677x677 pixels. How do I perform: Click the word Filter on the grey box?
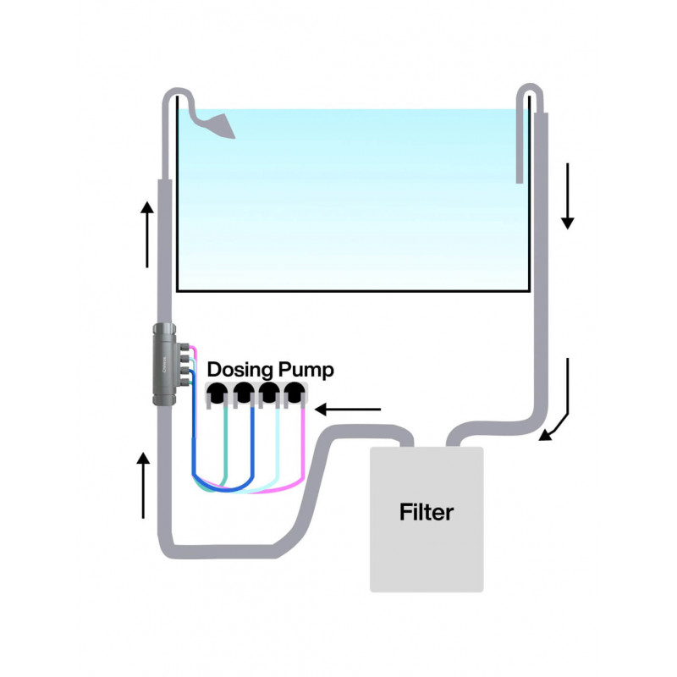click(x=427, y=512)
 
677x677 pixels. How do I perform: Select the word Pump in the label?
click(x=306, y=370)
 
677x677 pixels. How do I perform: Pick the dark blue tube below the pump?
click(x=254, y=457)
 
